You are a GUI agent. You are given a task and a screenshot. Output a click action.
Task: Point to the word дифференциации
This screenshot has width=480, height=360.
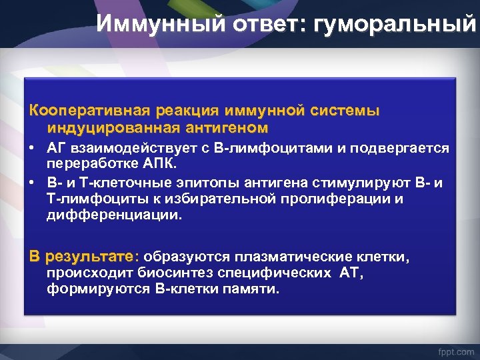[x=113, y=215]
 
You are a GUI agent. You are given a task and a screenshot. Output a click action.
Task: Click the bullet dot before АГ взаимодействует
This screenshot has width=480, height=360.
[x=33, y=147]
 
